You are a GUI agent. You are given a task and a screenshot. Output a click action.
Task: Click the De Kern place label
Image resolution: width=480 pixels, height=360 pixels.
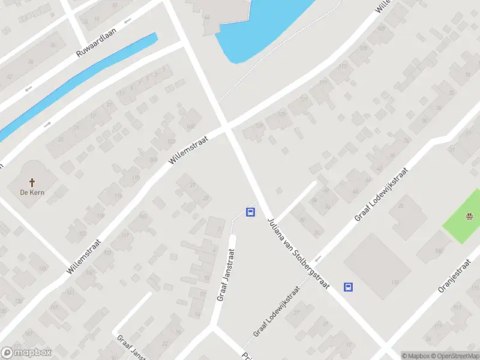32,193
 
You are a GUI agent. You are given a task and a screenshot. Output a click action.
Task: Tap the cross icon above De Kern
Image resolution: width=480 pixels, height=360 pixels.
32,182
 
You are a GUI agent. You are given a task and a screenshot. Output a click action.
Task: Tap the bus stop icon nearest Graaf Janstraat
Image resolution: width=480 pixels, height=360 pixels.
250,212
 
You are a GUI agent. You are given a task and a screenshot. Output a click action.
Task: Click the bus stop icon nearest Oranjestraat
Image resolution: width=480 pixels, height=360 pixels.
348,287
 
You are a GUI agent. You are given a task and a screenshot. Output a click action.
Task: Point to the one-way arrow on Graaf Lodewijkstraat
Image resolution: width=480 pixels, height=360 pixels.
318,258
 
